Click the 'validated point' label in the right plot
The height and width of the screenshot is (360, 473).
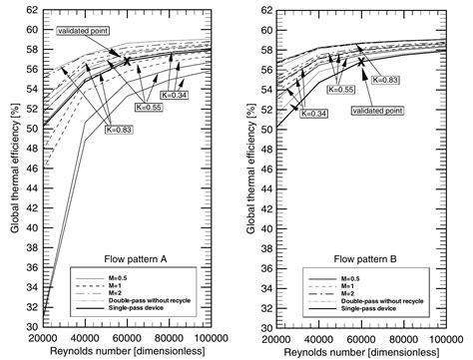click(x=375, y=111)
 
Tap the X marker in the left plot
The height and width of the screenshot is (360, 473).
click(x=127, y=61)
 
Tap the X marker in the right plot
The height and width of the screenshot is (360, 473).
click(x=360, y=61)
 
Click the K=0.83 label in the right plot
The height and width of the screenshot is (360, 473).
click(x=385, y=79)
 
